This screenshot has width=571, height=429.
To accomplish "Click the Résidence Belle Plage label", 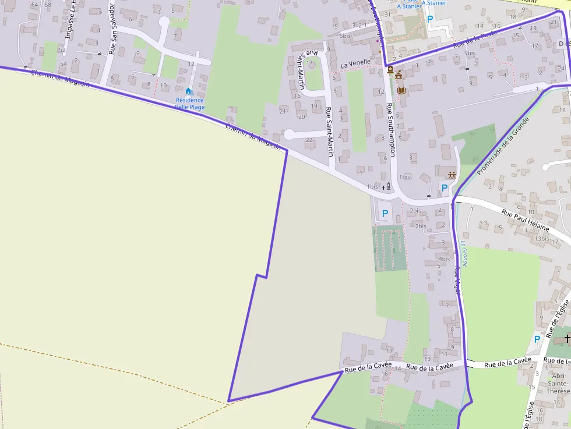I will tap(190, 104).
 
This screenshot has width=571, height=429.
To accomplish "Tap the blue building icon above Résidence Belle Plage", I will tap(188, 91).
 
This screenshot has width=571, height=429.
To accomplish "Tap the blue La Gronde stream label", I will tap(464, 254).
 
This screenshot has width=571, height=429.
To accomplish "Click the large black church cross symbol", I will tap(567, 338).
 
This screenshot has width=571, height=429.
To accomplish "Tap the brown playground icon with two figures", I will tap(451, 174).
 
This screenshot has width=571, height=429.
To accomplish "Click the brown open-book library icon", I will tap(401, 90).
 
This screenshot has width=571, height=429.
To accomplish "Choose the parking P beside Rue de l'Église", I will tap(537, 339).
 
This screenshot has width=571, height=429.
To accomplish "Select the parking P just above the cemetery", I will tap(385, 214).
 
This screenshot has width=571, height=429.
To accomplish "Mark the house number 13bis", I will tap(542, 238).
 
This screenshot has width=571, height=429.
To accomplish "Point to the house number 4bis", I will tap(444, 259).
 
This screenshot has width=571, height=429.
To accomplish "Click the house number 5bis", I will tap(346, 36).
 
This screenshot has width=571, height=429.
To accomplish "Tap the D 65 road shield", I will tap(563, 44).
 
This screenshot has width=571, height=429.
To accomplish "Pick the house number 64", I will tap(35, 5).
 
